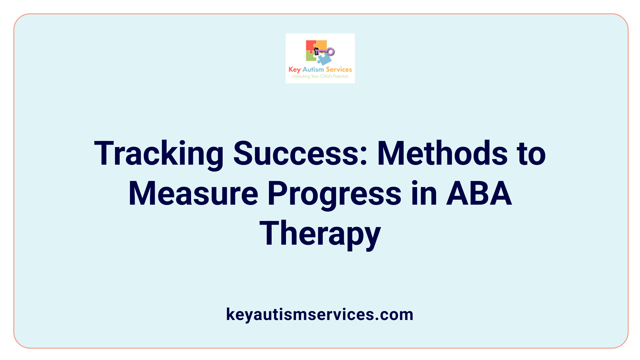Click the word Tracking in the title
(x=159, y=154)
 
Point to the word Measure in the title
(x=193, y=194)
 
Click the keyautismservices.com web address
(x=320, y=314)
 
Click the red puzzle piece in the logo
(x=310, y=46)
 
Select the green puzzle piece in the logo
(x=311, y=57)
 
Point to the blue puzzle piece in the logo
(x=324, y=59)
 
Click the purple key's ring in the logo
(x=330, y=51)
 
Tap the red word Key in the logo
(x=295, y=70)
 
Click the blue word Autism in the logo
(x=313, y=69)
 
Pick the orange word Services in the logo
(x=339, y=69)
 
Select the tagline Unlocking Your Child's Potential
(x=320, y=76)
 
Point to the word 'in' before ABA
(x=424, y=194)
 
